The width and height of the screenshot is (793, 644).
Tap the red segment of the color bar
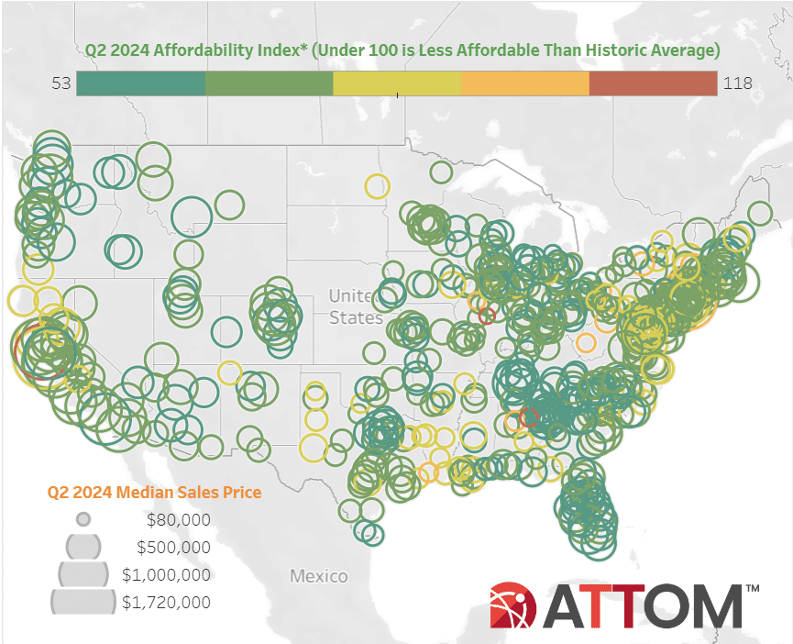tap(653, 83)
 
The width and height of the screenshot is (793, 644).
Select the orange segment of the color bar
tap(524, 83)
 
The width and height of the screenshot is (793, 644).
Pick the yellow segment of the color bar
tap(396, 83)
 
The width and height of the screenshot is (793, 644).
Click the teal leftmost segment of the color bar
tap(140, 83)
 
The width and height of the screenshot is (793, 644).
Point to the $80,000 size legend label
tap(178, 520)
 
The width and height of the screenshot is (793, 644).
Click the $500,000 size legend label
tap(173, 548)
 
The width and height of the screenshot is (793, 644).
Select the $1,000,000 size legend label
tap(166, 575)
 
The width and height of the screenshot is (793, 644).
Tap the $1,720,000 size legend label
tap(166, 603)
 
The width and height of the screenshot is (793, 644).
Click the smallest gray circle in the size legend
tap(83, 519)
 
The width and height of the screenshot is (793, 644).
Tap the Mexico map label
tap(319, 576)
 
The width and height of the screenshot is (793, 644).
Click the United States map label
tap(356, 307)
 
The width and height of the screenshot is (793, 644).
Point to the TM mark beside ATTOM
tap(752, 588)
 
